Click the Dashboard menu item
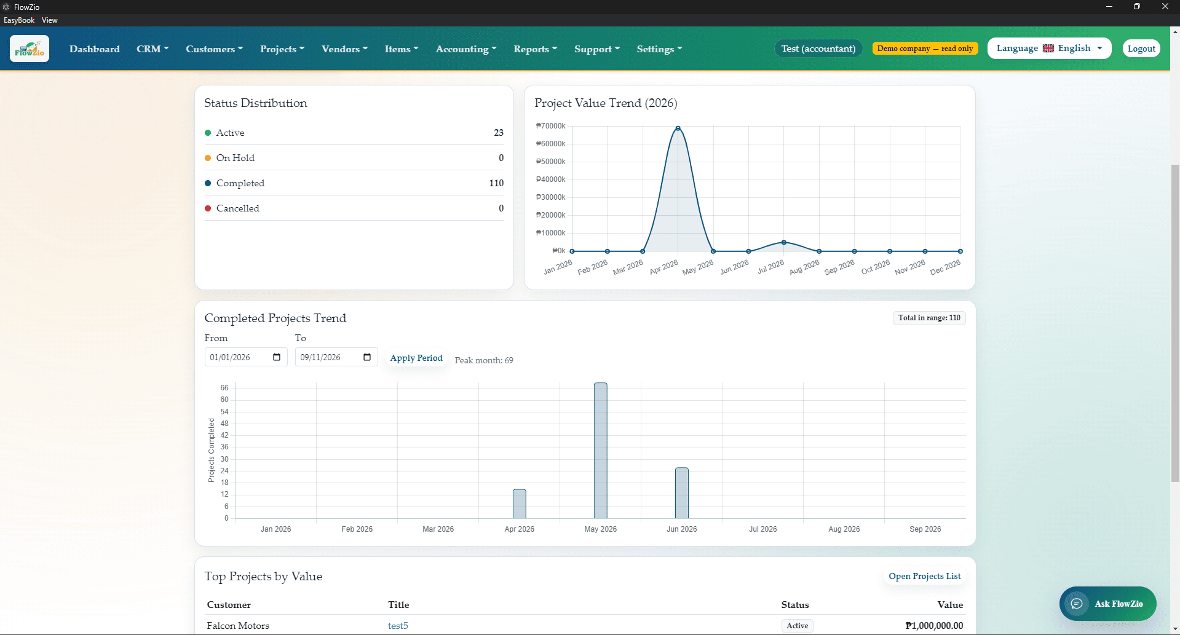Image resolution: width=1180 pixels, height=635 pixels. [95, 49]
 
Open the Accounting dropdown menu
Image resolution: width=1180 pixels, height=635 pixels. [466, 49]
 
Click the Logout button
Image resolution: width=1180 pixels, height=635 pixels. [1141, 49]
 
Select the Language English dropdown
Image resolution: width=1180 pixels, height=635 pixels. [1049, 49]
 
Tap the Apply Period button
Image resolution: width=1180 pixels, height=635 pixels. [416, 358]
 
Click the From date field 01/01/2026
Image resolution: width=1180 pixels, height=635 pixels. [246, 357]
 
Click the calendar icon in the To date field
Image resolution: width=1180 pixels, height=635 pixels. [367, 357]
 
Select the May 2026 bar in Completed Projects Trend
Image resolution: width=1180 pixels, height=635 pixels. [601, 451]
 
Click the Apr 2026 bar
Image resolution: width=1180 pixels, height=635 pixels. [520, 504]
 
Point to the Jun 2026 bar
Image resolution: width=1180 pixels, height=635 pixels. [682, 493]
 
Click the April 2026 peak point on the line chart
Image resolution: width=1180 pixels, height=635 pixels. [678, 128]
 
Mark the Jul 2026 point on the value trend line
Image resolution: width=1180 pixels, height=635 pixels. [783, 242]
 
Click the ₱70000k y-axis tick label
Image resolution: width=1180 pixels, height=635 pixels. [550, 126]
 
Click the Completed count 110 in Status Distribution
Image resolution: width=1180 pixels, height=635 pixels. [496, 183]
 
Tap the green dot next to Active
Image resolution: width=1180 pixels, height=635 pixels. [208, 133]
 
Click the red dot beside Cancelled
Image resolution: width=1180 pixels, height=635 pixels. [208, 208]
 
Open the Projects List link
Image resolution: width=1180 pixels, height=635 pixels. [925, 576]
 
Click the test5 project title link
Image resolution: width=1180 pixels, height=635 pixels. [398, 626]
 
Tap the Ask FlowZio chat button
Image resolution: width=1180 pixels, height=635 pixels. [1107, 604]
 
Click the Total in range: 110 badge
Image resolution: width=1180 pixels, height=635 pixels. [929, 318]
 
